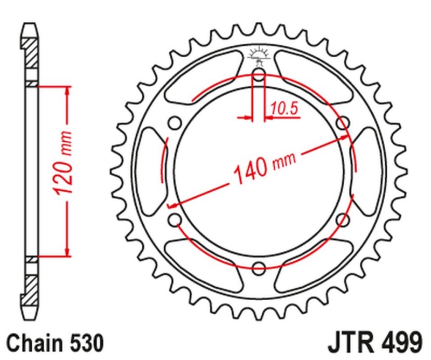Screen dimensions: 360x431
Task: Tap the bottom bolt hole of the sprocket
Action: click(x=259, y=268)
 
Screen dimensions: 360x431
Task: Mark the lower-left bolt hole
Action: click(x=175, y=219)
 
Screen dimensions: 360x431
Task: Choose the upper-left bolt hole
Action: click(x=175, y=123)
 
